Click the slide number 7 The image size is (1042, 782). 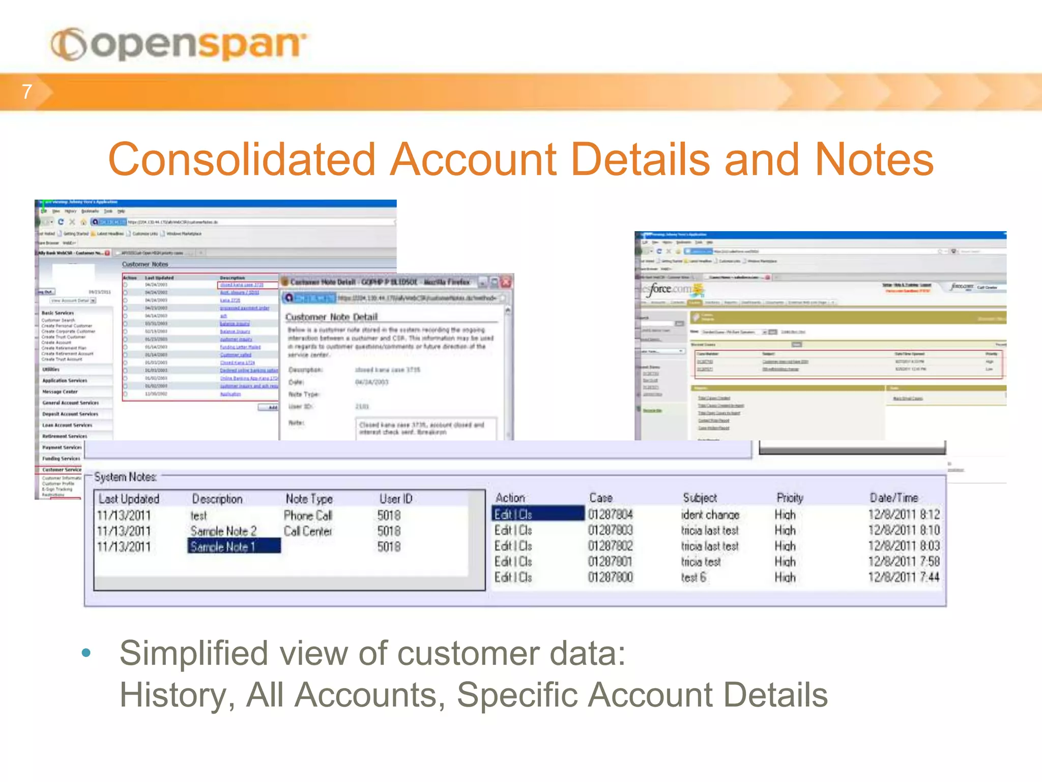pos(27,92)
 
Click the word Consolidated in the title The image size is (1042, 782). pos(241,159)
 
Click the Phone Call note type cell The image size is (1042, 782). pos(308,516)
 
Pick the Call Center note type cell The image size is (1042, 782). pos(308,531)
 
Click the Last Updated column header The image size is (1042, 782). pos(129,499)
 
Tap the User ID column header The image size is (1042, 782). pos(395,499)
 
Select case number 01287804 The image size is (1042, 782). pos(610,515)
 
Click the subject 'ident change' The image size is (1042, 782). pos(710,515)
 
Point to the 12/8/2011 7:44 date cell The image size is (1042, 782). pos(903,577)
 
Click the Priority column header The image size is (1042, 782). pos(790,498)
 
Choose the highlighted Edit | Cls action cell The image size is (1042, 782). pos(537,514)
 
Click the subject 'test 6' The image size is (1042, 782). pos(693,577)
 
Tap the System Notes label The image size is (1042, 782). pos(125,477)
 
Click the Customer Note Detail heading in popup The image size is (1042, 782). pos(331,317)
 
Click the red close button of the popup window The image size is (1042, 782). pos(506,282)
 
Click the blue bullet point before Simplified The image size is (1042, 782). pos(86,653)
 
